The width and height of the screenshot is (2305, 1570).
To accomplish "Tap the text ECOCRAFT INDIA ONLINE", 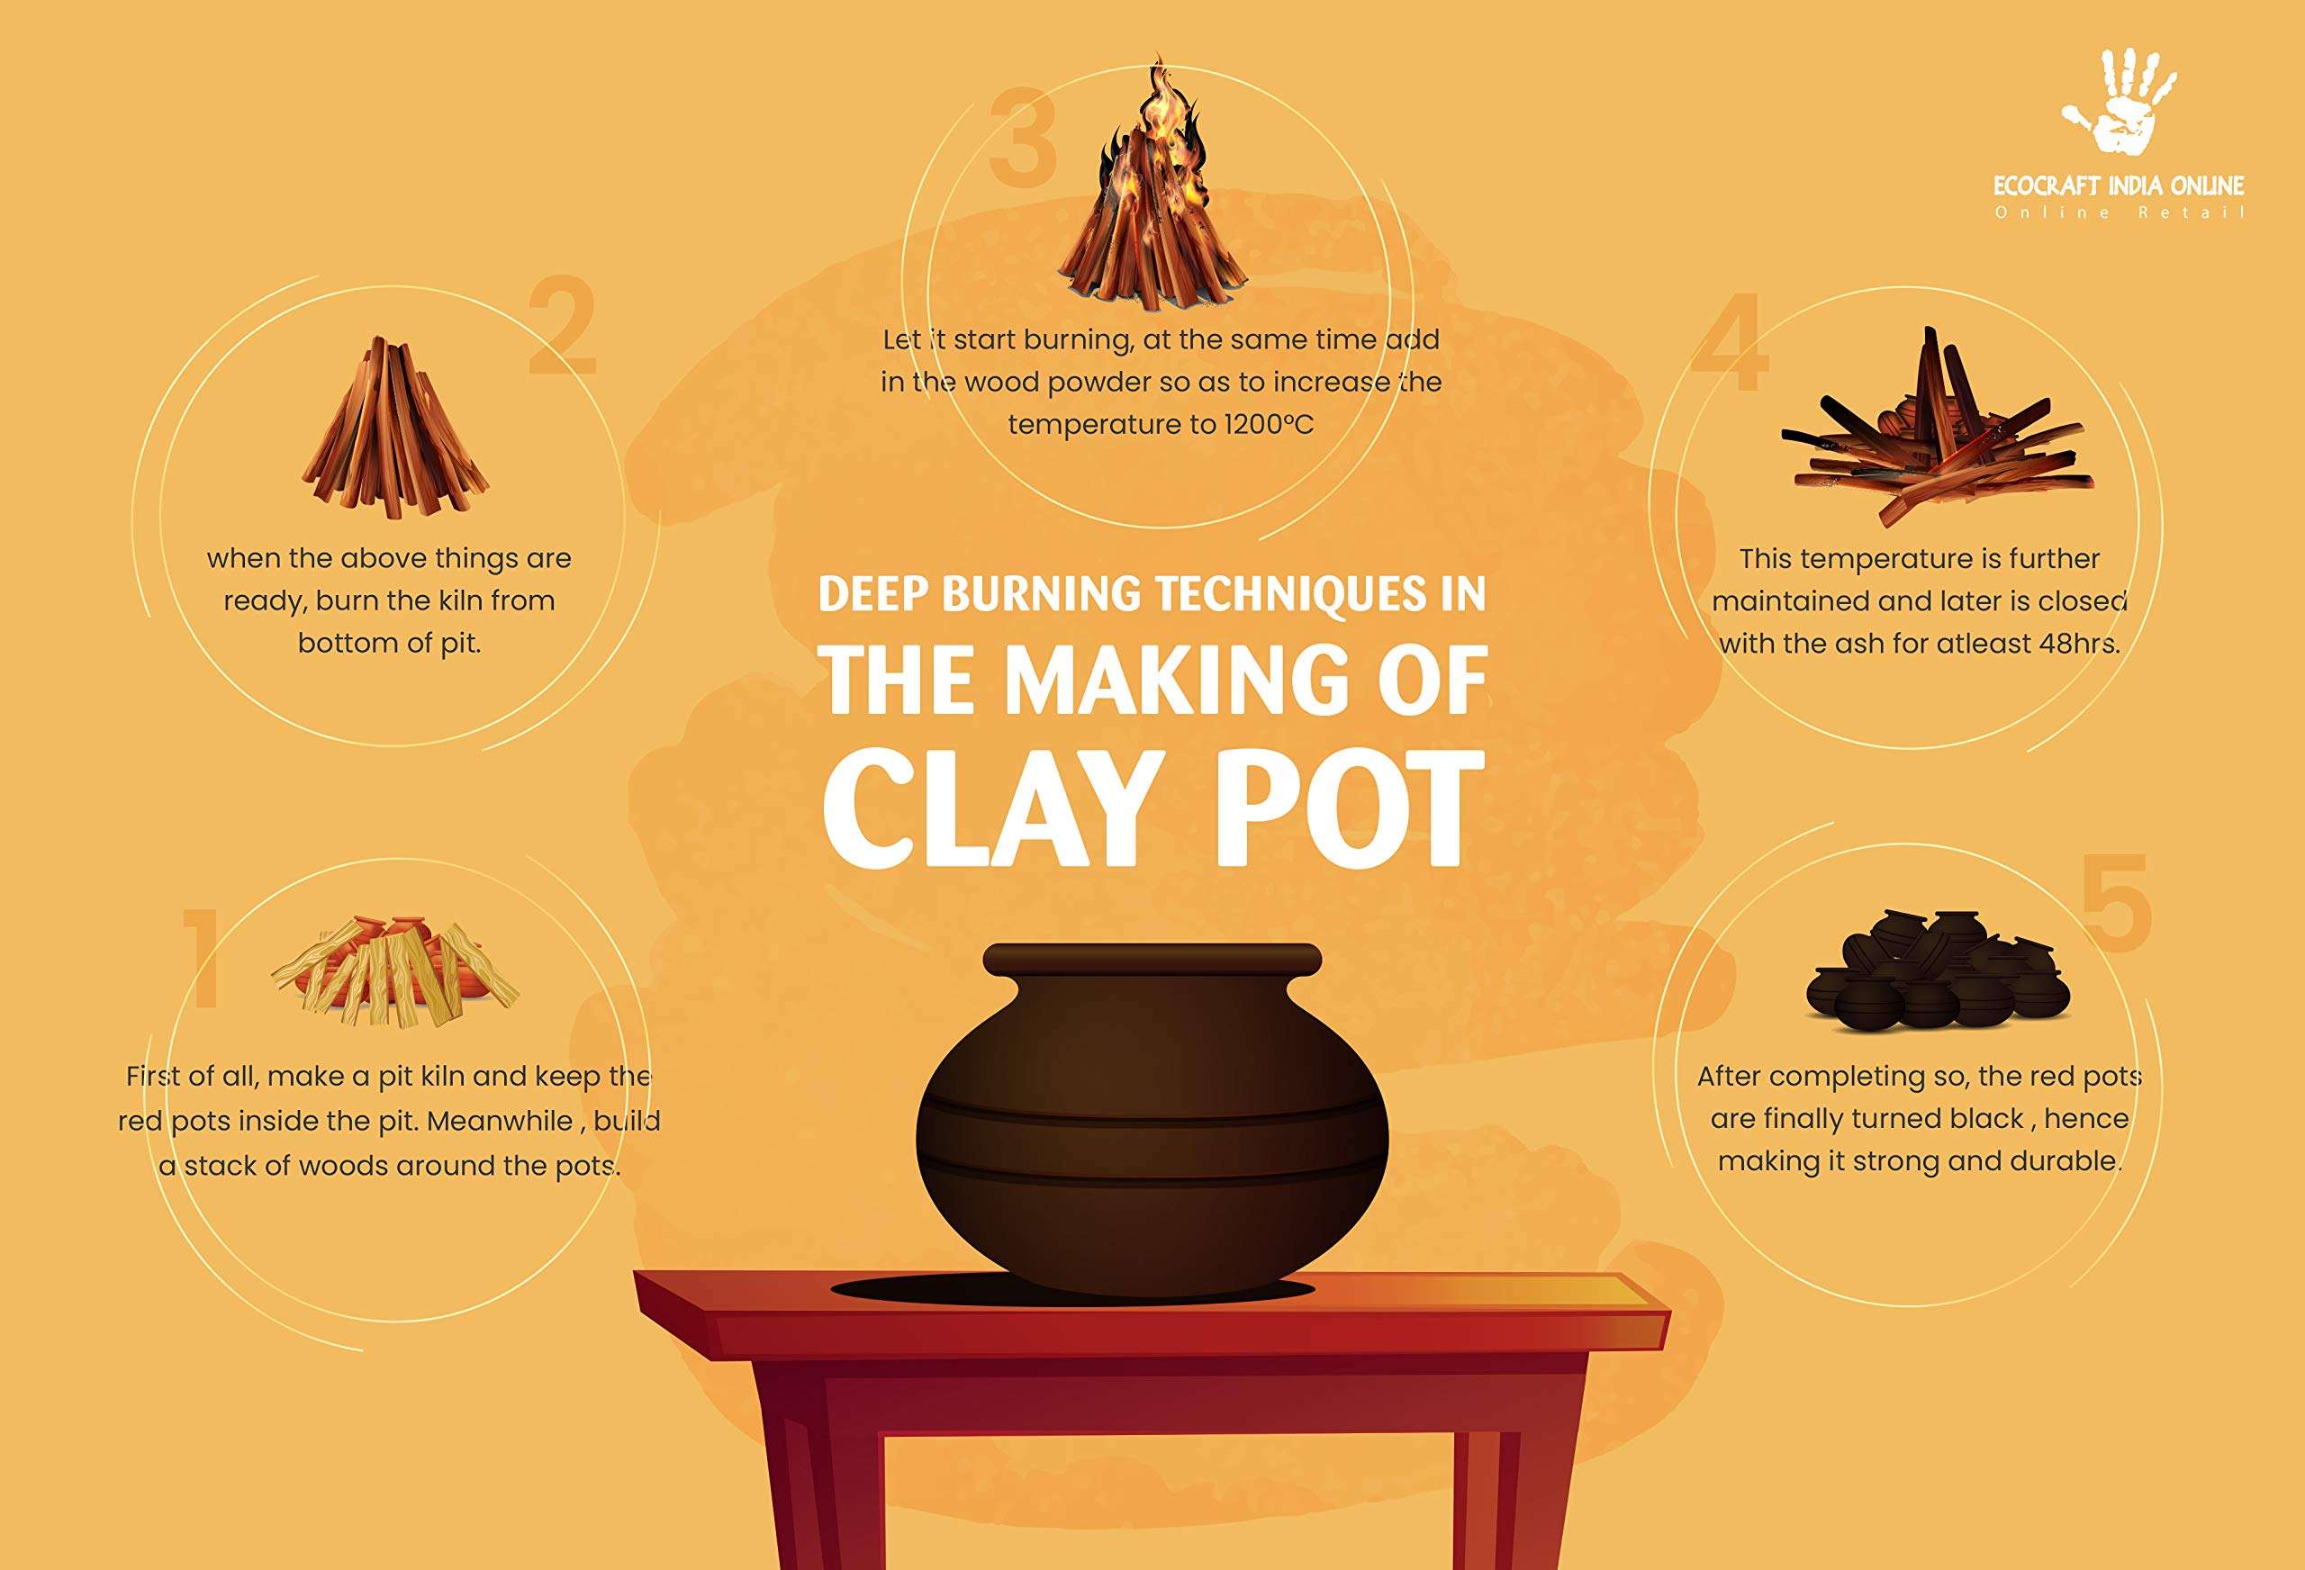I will tap(2118, 185).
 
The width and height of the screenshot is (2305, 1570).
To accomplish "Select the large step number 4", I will tap(1730, 342).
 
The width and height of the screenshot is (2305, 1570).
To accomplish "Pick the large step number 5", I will tap(2115, 904).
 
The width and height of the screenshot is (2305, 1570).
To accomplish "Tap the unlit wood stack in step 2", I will tap(394, 430).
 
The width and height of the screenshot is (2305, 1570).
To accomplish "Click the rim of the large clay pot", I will tap(1152, 959).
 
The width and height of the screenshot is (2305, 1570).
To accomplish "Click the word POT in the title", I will tap(1351, 809).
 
